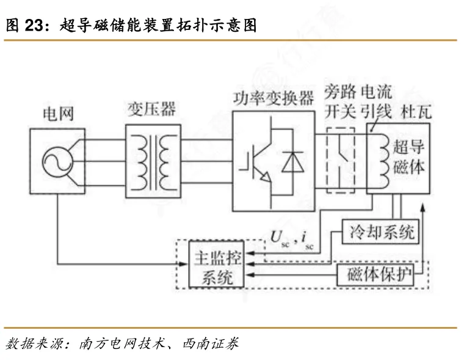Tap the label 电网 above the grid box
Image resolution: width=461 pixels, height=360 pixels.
pos(58,114)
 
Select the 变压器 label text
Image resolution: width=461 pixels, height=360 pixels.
pos(151,109)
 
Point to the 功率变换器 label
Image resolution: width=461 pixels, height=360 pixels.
pos(274,98)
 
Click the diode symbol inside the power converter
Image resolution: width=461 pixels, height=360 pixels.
pos(292,161)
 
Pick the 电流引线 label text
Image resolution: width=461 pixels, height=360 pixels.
pos(376,101)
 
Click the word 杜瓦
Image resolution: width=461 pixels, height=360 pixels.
pos(416,112)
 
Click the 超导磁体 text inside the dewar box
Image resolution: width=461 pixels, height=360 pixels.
pos(409,156)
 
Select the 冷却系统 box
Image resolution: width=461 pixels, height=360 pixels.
pos(380,232)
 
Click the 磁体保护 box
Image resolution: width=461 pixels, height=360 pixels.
pos(376,274)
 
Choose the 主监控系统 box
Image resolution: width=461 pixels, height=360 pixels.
pos(216,264)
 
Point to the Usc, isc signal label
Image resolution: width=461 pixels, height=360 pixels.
pos(292,239)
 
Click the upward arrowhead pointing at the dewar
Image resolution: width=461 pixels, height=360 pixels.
pos(423,207)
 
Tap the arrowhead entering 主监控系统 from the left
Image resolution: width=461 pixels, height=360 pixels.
pos(183,263)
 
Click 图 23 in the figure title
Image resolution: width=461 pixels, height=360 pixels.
pos(24,25)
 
